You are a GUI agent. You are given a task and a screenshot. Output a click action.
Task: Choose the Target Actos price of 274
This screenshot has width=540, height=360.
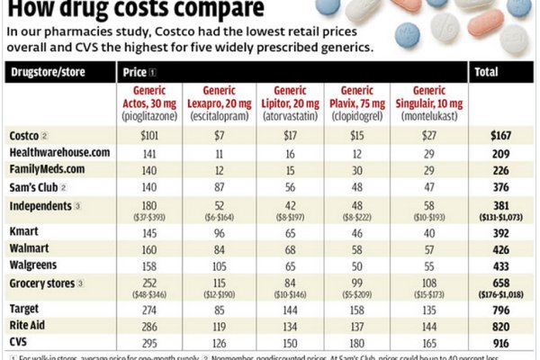pos(149,310)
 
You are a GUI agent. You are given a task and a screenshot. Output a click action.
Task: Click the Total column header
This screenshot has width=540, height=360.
pos(488,70)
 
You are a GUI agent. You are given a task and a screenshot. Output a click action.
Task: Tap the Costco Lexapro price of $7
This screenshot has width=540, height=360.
pos(218,135)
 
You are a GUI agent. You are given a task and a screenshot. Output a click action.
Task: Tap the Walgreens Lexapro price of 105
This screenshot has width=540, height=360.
pos(218,265)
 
